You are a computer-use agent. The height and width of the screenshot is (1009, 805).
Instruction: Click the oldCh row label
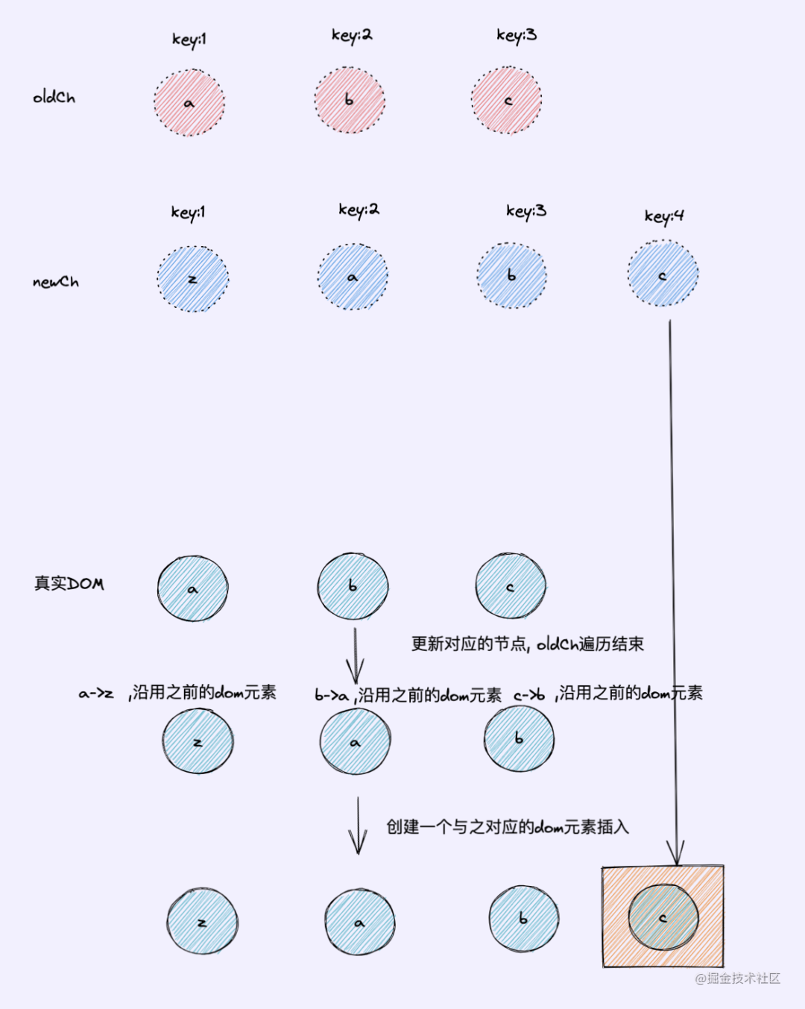pyautogui.click(x=54, y=97)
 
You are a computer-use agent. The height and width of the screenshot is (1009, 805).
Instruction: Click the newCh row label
pyautogui.click(x=55, y=282)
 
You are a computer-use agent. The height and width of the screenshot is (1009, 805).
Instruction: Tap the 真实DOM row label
pyautogui.click(x=69, y=583)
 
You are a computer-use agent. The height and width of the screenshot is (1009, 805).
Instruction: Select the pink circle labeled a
pyautogui.click(x=189, y=103)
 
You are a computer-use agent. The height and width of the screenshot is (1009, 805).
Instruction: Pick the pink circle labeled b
pyautogui.click(x=350, y=100)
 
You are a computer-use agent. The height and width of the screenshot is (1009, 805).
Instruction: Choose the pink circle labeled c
pyautogui.click(x=507, y=100)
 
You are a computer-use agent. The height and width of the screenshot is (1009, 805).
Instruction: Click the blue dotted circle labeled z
pyautogui.click(x=192, y=279)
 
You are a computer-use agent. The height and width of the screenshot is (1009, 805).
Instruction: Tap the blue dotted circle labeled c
pyautogui.click(x=663, y=274)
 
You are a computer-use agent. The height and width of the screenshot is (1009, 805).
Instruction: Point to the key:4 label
pyautogui.click(x=664, y=216)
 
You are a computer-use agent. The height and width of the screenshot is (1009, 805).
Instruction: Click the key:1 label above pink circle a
pyautogui.click(x=189, y=39)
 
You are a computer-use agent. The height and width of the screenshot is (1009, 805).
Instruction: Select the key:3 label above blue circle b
pyautogui.click(x=525, y=211)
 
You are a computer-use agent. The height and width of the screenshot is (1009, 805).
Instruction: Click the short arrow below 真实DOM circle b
pyautogui.click(x=355, y=656)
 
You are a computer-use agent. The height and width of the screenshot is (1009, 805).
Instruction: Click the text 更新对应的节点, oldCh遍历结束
pyautogui.click(x=527, y=644)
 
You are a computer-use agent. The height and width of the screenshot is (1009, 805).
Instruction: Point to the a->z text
pyautogui.click(x=96, y=694)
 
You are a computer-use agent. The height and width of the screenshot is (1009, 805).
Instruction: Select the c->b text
pyautogui.click(x=529, y=695)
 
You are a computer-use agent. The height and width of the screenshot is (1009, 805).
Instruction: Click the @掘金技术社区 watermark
pyautogui.click(x=737, y=978)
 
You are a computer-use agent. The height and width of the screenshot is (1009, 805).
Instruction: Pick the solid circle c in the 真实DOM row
pyautogui.click(x=511, y=587)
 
